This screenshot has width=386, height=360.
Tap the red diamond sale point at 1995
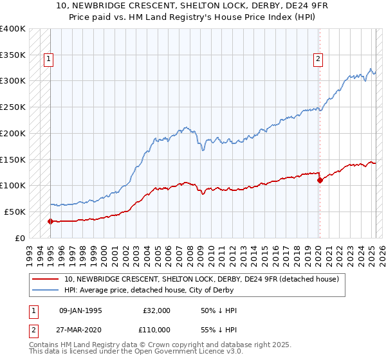click(x=50, y=221)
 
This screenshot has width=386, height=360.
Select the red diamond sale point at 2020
click(x=320, y=180)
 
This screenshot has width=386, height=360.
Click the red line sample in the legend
click(x=46, y=279)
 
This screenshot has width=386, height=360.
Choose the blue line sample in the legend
click(x=46, y=290)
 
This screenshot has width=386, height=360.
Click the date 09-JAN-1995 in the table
click(x=80, y=310)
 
